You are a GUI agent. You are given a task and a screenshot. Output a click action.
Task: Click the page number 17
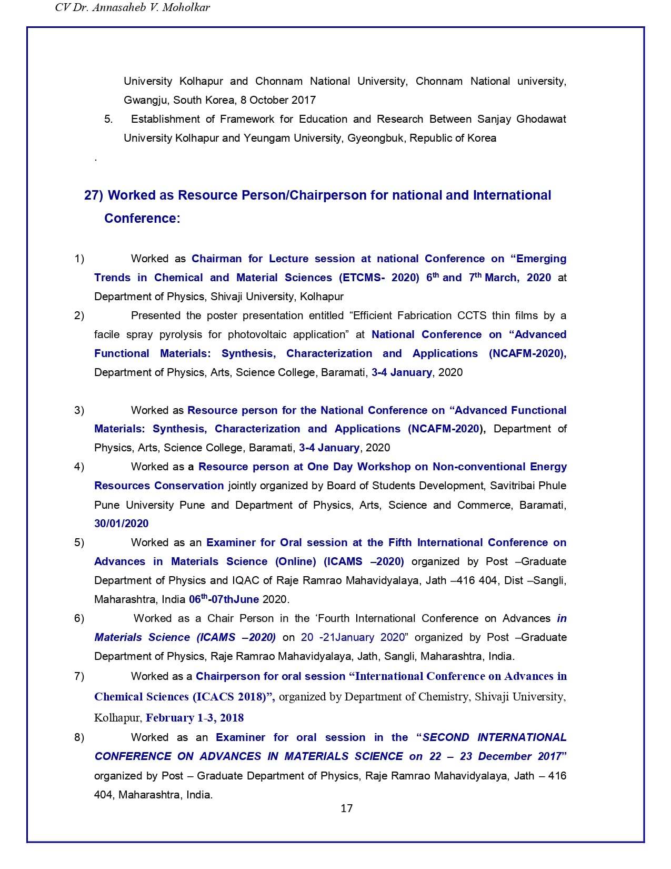(x=346, y=808)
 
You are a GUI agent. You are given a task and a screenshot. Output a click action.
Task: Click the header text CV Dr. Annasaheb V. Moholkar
(x=132, y=7)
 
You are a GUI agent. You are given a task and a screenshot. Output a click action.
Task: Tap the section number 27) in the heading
(x=94, y=195)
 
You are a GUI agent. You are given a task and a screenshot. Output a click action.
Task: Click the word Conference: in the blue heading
(x=142, y=219)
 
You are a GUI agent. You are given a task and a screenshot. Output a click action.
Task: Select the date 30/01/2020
(x=121, y=524)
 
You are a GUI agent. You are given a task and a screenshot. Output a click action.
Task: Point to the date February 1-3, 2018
(x=195, y=718)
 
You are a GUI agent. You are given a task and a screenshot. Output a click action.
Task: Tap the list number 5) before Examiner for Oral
(x=79, y=542)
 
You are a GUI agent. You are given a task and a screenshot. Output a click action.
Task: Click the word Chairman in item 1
(x=216, y=259)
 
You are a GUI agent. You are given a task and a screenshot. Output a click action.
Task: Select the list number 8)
(x=79, y=737)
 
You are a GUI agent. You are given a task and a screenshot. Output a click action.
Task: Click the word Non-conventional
(x=479, y=467)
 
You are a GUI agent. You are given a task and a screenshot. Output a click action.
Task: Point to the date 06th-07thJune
(x=224, y=599)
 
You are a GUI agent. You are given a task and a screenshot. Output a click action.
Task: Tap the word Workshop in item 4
(x=384, y=467)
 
